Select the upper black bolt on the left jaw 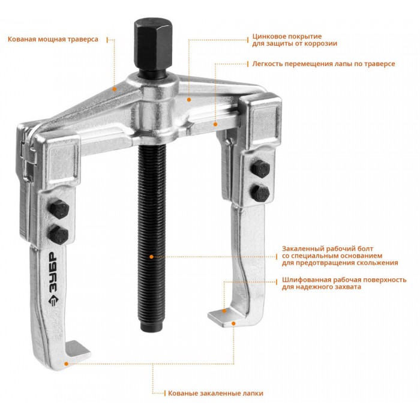tap(59, 209)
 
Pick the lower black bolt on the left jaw tap(58, 235)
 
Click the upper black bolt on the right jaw tap(260, 169)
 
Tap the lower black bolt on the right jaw tap(260, 193)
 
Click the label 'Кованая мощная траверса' tap(53, 39)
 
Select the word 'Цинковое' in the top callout tap(269, 37)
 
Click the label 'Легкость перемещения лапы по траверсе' tap(323, 64)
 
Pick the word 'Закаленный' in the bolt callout tap(301, 249)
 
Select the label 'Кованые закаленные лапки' tap(215, 394)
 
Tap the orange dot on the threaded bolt tap(151, 257)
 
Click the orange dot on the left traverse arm tap(115, 89)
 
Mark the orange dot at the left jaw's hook tap(66, 364)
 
